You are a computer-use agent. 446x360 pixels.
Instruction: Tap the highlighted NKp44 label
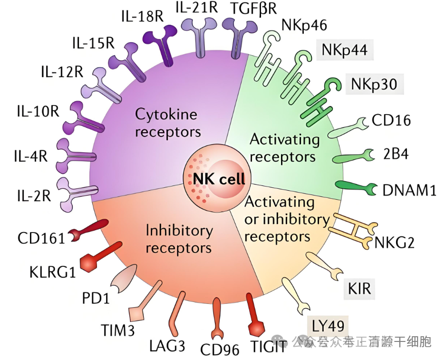pyautogui.click(x=345, y=49)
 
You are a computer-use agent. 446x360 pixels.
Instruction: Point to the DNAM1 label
pyautogui.click(x=409, y=190)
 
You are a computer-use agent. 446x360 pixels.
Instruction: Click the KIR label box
pyautogui.click(x=359, y=288)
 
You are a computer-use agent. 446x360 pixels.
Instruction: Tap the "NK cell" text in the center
pyautogui.click(x=219, y=178)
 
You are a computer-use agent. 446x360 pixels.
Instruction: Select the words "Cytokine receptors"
pyautogui.click(x=167, y=123)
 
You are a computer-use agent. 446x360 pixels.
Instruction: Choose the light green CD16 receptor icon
pyautogui.click(x=349, y=126)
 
